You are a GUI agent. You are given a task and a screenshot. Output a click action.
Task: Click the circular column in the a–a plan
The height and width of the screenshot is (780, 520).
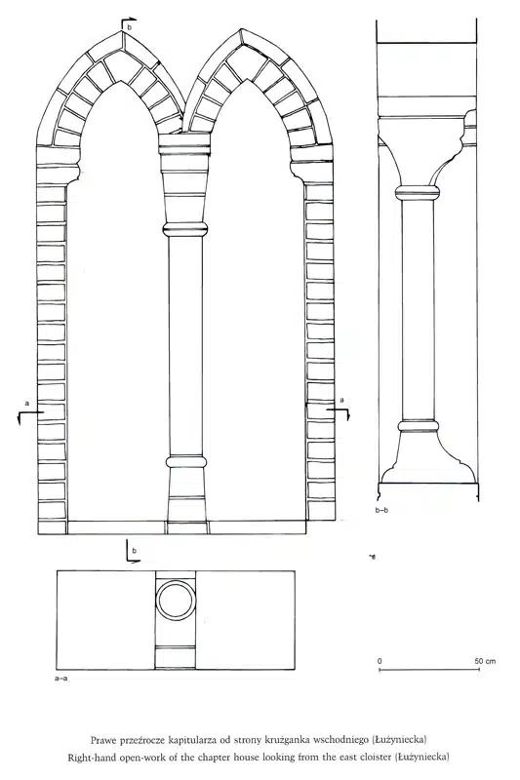176,580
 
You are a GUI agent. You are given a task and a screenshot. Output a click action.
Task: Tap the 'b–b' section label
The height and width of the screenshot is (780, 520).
382,510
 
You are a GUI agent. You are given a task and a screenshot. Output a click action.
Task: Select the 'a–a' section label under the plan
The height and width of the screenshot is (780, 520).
61,678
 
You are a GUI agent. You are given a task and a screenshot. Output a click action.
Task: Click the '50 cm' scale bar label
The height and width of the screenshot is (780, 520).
485,661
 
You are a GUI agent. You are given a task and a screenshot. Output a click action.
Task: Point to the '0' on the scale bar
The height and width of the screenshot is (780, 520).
380,661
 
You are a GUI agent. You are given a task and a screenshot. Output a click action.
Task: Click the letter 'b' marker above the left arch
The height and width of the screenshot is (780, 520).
130,28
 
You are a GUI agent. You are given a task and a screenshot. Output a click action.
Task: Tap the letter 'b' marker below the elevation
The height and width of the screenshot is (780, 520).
134,551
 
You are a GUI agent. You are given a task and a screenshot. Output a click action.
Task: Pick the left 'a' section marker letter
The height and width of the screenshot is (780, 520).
27,404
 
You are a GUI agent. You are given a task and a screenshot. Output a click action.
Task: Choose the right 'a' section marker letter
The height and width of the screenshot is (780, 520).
341,400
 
